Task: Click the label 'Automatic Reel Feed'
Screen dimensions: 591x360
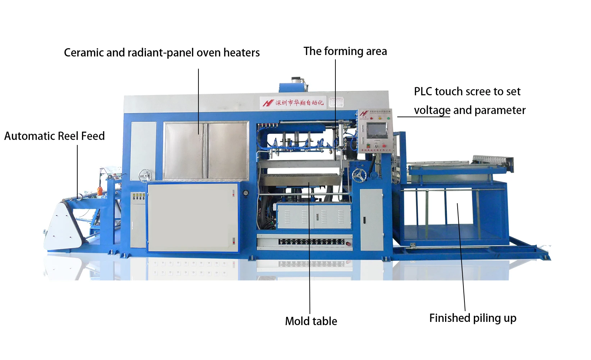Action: point(54,136)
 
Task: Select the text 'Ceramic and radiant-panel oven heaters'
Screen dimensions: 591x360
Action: point(162,53)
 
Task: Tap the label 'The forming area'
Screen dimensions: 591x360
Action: point(345,51)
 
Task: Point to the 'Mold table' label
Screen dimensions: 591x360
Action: point(311,321)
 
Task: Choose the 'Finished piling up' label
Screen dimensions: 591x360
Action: point(473,318)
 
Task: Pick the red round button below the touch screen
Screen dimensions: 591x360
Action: point(384,146)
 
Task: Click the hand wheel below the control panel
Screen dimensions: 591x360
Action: point(359,176)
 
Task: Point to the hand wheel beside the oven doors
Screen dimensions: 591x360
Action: point(145,176)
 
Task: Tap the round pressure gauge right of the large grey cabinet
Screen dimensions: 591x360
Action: point(246,193)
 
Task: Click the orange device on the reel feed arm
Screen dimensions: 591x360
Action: point(100,191)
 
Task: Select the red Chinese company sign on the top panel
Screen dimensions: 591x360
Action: point(293,103)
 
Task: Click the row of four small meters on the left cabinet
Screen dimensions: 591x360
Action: point(138,196)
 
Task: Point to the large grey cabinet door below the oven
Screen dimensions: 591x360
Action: point(193,217)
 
